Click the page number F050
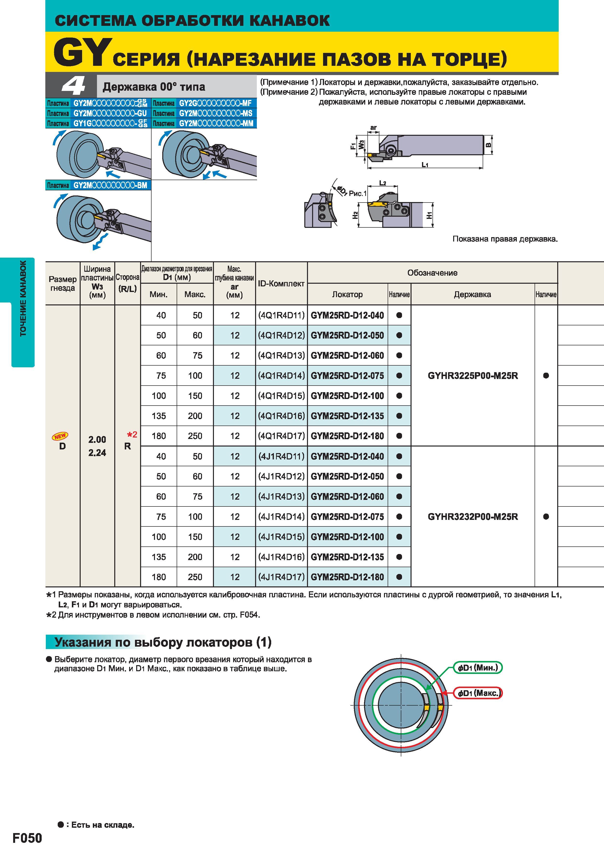click(x=27, y=838)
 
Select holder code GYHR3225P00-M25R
click(x=473, y=376)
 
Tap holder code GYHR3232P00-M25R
click(x=473, y=516)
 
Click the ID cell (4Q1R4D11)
click(x=281, y=315)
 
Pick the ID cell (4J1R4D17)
click(x=281, y=577)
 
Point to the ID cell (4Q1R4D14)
click(x=281, y=376)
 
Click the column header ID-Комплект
click(x=281, y=284)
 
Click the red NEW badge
click(x=60, y=436)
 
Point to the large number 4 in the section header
click(x=74, y=86)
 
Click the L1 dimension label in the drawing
click(x=425, y=165)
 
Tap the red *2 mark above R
click(x=132, y=434)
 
